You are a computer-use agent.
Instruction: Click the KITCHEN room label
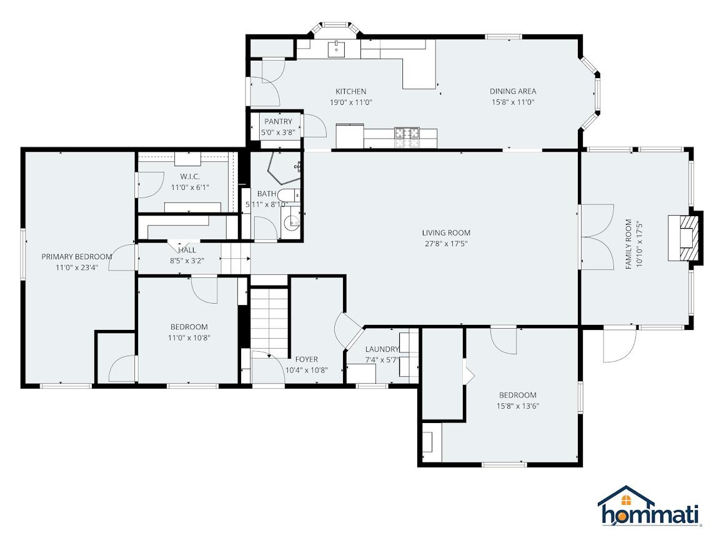click(351, 91)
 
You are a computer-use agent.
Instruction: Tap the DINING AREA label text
click(513, 91)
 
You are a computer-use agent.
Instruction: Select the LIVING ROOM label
click(446, 233)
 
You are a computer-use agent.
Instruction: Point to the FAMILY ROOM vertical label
click(628, 244)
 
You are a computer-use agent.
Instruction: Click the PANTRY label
click(278, 121)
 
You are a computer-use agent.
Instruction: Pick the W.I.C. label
click(190, 177)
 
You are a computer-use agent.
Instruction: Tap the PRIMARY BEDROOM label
click(77, 257)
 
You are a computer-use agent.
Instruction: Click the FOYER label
click(307, 359)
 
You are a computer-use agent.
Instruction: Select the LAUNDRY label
click(382, 349)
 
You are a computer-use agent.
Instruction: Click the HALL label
click(187, 250)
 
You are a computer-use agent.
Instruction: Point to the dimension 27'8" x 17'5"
click(446, 244)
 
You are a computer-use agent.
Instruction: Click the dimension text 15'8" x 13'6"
click(518, 406)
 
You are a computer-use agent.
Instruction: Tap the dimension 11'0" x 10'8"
click(189, 338)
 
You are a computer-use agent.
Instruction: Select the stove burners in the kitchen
click(407, 137)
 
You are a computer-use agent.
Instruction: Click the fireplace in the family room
click(685, 238)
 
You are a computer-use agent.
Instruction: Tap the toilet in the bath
click(289, 196)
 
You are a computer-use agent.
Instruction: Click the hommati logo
click(649, 506)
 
